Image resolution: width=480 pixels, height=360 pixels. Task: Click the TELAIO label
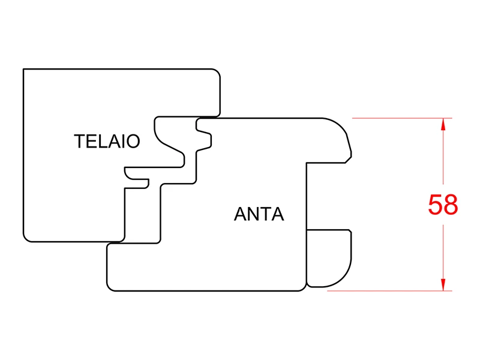tap(107, 141)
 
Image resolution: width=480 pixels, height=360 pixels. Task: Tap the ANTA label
tap(259, 214)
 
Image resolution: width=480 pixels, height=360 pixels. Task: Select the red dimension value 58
tap(443, 205)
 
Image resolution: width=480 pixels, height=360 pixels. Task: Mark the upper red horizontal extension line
tap(402, 118)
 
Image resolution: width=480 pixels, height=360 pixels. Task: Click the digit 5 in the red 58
tap(435, 205)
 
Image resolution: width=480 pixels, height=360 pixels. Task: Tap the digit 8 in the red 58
tap(451, 205)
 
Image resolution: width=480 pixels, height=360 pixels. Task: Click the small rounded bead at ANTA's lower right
tap(328, 258)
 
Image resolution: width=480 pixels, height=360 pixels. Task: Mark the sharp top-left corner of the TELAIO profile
tap(23, 69)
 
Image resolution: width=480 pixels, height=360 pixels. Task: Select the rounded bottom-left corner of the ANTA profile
tap(110, 287)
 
